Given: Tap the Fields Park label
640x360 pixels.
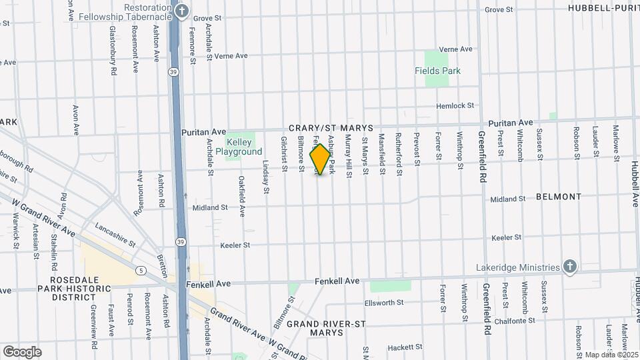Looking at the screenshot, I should coord(437,71).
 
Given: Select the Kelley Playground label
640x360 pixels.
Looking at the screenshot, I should coord(243,147).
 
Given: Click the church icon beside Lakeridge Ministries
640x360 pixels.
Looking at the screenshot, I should coord(569,267).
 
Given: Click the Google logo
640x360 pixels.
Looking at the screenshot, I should coord(22,352).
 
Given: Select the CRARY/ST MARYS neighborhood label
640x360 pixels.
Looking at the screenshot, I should coord(330,127).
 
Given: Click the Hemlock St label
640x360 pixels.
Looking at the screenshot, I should coord(455,106).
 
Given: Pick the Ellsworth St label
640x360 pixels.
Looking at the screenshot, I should coord(384,303).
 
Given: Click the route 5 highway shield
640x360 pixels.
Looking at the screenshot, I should coord(141,271).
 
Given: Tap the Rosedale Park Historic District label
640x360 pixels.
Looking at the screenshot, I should coord(75,289).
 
